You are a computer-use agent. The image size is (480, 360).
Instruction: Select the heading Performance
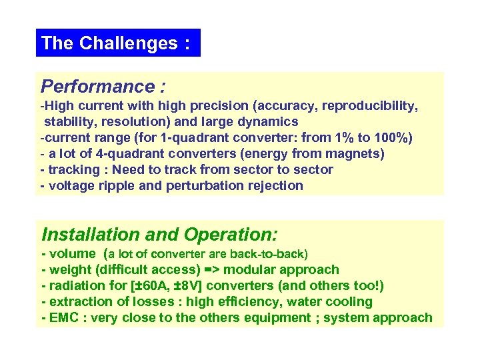(x=97, y=87)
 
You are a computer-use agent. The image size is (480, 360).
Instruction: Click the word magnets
(x=355, y=154)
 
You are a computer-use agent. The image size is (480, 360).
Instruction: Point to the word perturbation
(x=212, y=186)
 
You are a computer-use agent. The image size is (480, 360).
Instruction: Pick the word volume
(x=73, y=254)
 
